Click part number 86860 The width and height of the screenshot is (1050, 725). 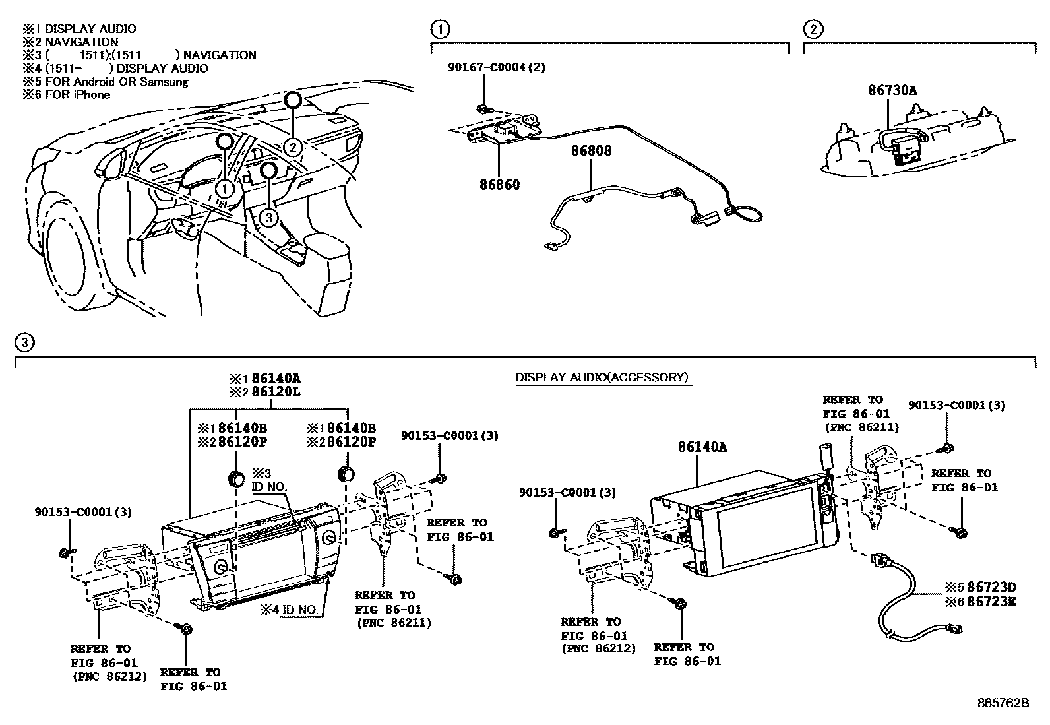(499, 185)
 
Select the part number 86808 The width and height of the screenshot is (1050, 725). (592, 151)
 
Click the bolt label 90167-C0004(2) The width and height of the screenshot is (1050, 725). (496, 67)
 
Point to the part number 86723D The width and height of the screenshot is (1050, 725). (988, 587)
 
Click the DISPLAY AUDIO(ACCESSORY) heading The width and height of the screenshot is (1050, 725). (602, 377)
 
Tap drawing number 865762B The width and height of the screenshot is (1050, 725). (1003, 703)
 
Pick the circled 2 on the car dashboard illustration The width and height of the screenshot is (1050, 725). (293, 147)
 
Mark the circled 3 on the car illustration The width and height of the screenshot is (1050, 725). (268, 216)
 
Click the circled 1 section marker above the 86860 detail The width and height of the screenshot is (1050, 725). (440, 29)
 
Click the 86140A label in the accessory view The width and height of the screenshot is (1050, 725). (702, 447)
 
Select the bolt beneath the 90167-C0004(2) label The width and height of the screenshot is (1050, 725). (483, 108)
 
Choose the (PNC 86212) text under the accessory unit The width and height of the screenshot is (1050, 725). (598, 648)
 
